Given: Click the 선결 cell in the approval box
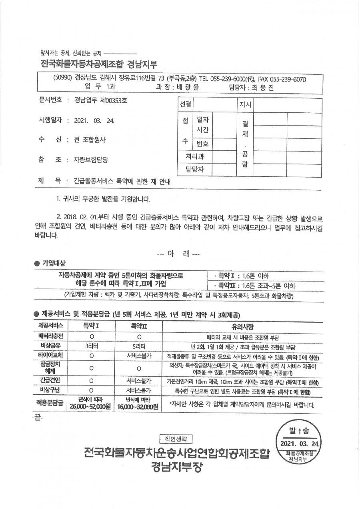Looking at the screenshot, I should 185,105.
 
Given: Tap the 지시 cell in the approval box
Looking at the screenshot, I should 244,105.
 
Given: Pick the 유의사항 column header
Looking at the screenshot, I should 237,325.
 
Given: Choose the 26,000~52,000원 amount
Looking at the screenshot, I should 91,407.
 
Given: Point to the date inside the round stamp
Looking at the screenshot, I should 300,444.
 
